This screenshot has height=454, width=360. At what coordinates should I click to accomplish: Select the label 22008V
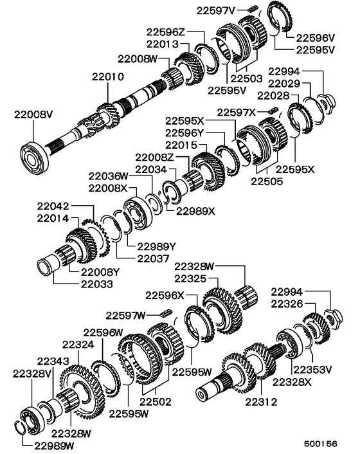coord(33,115)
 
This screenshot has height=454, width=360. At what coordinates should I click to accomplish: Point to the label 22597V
coord(215,9)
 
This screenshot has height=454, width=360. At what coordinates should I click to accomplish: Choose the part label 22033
coord(96,283)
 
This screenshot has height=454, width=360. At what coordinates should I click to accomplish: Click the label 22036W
coord(109,175)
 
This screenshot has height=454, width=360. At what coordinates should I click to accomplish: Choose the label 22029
coord(284,84)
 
